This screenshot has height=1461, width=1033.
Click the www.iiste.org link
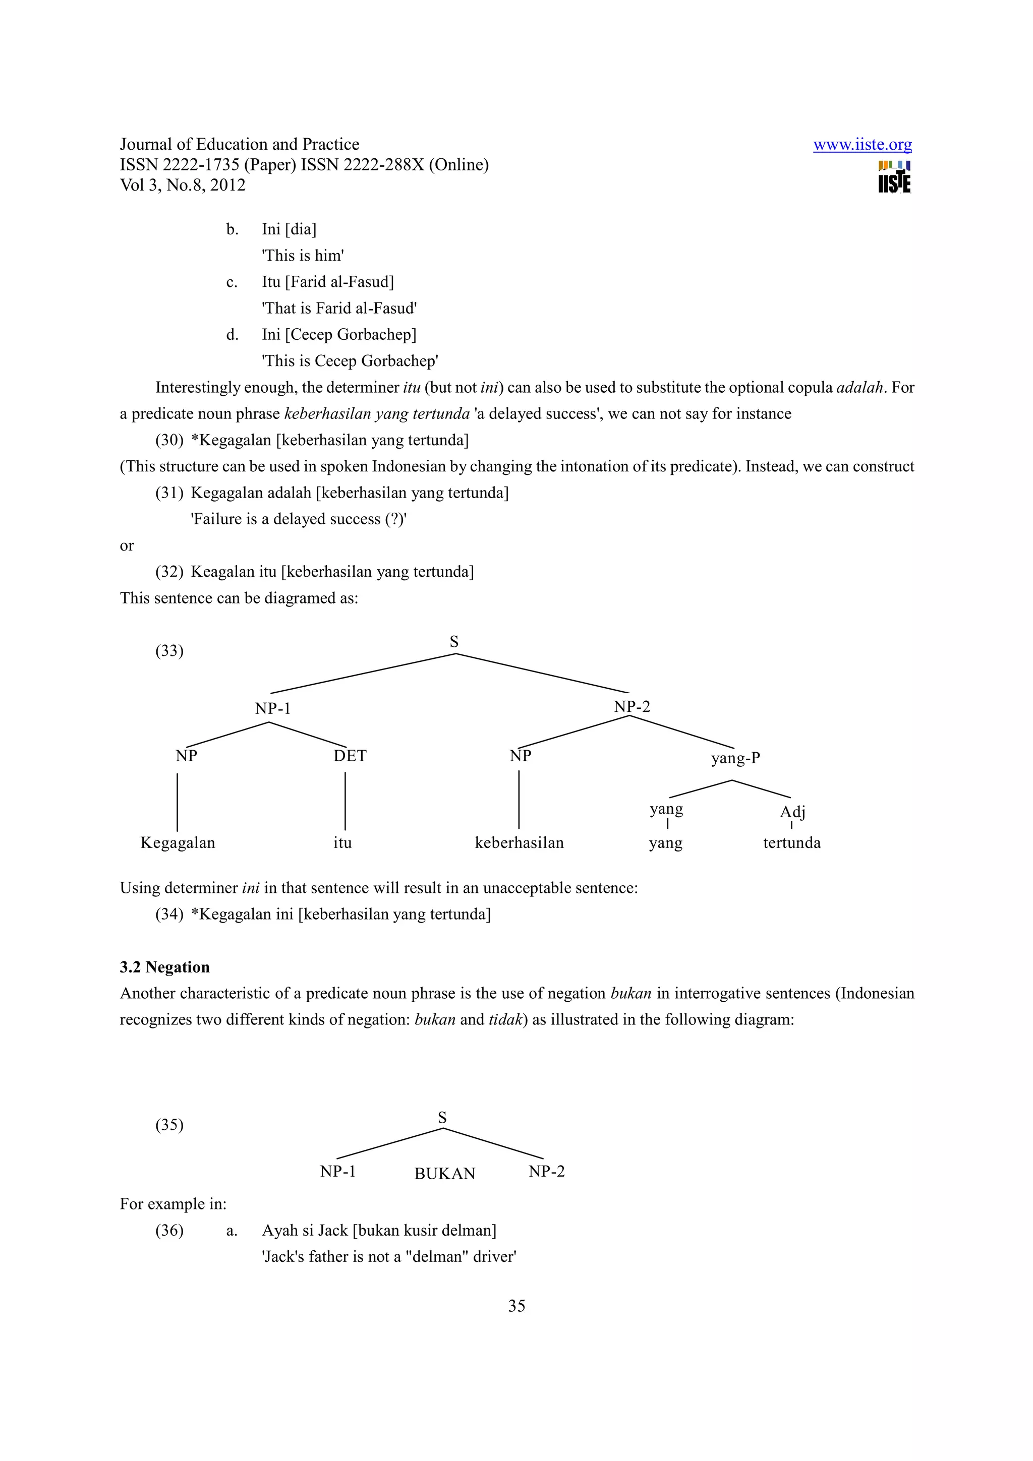click(x=862, y=145)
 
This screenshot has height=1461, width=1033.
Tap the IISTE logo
click(x=894, y=177)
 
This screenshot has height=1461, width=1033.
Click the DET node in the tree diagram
click(x=350, y=756)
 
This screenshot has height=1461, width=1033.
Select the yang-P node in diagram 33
click(x=735, y=758)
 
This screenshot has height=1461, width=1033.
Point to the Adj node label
click(x=792, y=812)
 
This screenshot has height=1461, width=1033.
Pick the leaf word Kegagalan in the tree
click(x=178, y=843)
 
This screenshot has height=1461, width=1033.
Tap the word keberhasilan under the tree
click(x=520, y=843)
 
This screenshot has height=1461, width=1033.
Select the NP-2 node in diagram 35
click(x=546, y=1172)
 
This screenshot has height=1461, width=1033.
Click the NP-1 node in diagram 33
click(x=272, y=709)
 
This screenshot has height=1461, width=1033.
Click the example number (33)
click(x=169, y=651)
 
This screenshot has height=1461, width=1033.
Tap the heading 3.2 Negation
click(x=164, y=967)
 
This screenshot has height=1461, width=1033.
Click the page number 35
click(x=516, y=1306)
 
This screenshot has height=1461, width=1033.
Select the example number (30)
click(x=169, y=440)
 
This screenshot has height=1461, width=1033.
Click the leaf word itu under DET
click(x=342, y=843)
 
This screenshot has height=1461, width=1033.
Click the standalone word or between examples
click(x=127, y=546)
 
